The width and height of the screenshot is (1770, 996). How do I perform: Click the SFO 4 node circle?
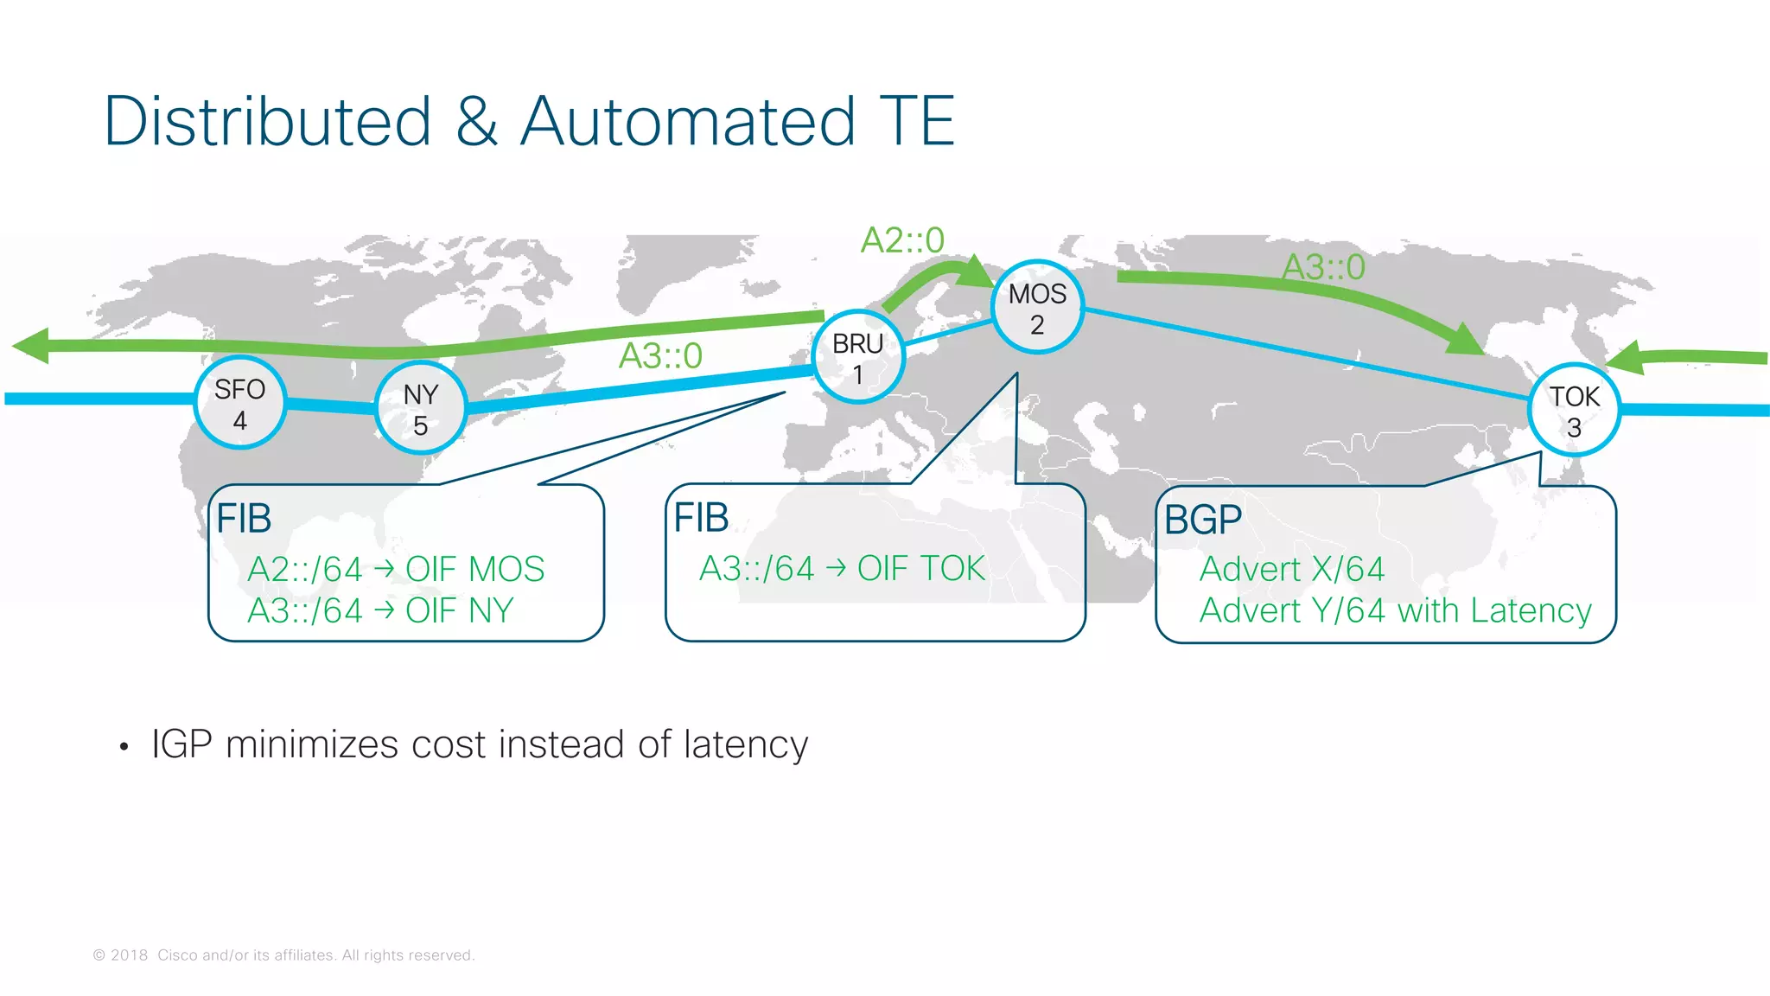pos(239,404)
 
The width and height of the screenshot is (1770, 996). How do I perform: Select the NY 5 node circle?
pos(421,409)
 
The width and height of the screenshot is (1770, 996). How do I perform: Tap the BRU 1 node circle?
pos(857,358)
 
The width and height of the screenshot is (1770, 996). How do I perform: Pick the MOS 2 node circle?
pos(1037,308)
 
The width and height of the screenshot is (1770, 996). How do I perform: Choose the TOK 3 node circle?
pos(1574,411)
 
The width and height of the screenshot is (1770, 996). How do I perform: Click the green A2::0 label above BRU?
pos(902,240)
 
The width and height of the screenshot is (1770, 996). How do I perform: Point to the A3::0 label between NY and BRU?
pos(660,356)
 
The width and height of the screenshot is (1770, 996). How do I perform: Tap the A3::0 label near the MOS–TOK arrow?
pos(1323,267)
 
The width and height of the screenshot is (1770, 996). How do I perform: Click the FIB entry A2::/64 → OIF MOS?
pos(396,570)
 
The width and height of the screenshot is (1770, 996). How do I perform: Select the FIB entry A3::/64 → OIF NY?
pos(380,611)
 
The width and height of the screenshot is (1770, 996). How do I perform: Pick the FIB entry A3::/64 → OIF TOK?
pos(842,569)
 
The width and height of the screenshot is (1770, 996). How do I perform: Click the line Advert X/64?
pos(1292,570)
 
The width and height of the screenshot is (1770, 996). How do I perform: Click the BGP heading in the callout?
pos(1203,520)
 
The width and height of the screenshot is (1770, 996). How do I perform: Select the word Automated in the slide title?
pos(689,121)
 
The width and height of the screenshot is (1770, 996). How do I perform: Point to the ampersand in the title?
pos(476,121)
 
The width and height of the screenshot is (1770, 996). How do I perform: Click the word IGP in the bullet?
pos(181,744)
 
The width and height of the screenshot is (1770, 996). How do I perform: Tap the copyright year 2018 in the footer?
pos(130,955)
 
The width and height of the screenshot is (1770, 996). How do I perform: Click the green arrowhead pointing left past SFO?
pos(31,346)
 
